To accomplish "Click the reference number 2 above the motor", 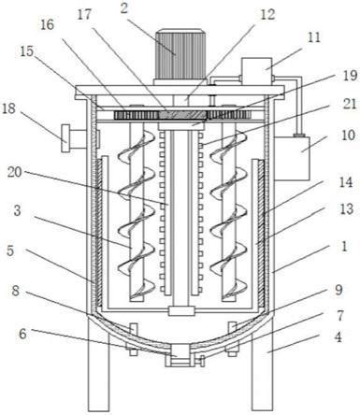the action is click(x=124, y=8).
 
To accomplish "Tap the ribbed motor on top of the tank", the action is click(x=180, y=53).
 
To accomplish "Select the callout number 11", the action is click(x=314, y=37).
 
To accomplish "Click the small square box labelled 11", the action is click(x=256, y=71).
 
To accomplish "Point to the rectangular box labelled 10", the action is click(x=292, y=158).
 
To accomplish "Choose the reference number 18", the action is click(x=8, y=109).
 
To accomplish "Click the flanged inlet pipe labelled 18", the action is click(x=74, y=137).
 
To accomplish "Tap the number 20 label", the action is click(x=15, y=172).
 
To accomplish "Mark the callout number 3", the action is click(x=17, y=210).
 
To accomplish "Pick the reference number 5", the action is click(x=10, y=251).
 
